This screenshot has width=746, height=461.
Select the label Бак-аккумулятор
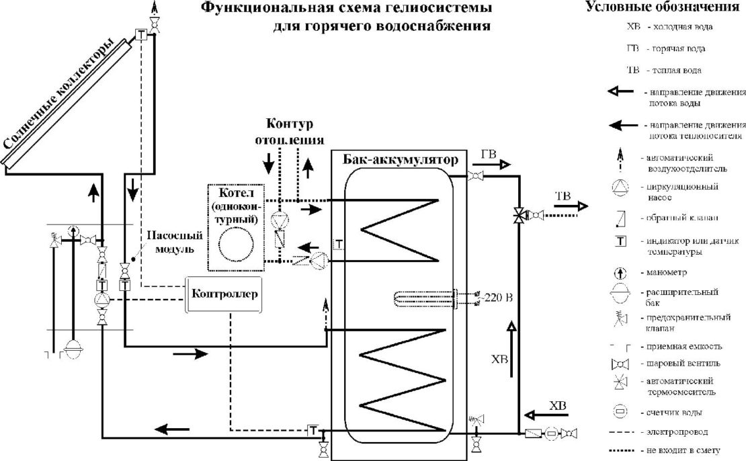pos(399,161)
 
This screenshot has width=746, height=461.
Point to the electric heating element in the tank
pos(423,297)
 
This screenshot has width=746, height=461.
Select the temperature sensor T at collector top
pos(142,35)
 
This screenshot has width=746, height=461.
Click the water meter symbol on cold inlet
pos(551,433)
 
